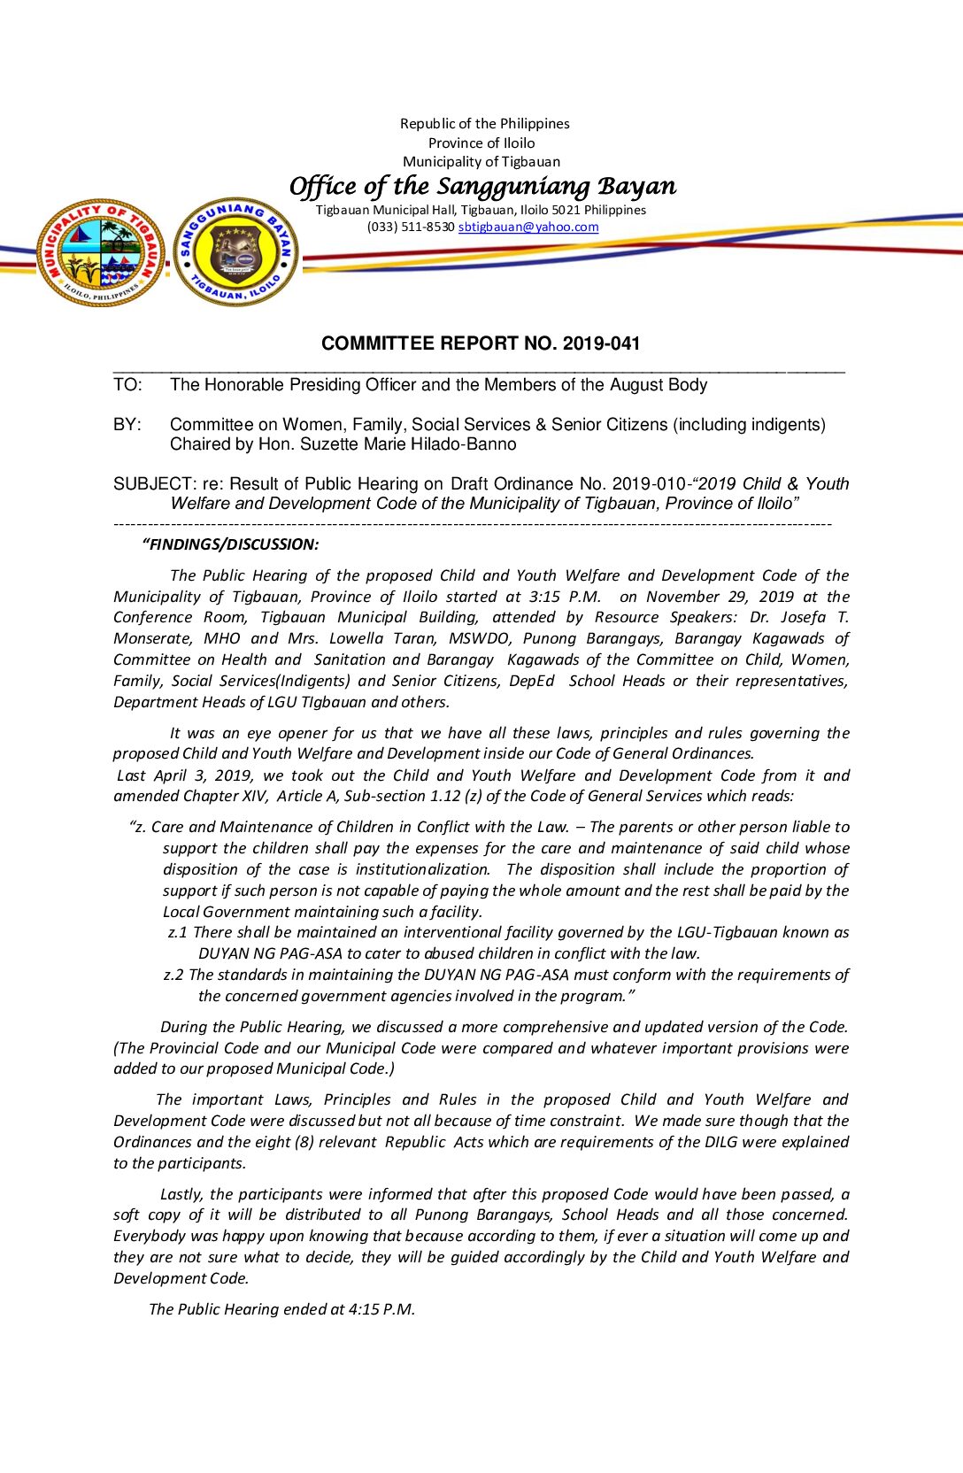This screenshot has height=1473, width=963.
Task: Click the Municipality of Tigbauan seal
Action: (x=101, y=252)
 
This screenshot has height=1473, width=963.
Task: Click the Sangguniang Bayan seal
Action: (x=236, y=252)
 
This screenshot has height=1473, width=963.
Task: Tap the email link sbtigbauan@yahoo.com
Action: (x=528, y=227)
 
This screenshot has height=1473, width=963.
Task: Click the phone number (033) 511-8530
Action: (x=411, y=227)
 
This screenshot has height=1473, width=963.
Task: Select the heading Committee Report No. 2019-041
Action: (x=481, y=343)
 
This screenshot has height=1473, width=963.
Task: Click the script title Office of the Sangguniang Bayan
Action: (x=482, y=186)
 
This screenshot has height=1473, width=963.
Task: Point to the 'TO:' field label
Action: (x=127, y=385)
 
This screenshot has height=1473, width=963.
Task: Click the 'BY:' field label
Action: (x=127, y=425)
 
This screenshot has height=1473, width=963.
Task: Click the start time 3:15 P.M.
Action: (x=567, y=598)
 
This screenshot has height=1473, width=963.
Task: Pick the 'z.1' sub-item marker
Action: (x=177, y=932)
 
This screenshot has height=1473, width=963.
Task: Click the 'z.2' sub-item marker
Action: (x=173, y=975)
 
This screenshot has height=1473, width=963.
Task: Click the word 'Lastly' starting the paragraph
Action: (x=181, y=1194)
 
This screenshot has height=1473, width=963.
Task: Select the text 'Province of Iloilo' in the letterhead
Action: (x=481, y=143)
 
